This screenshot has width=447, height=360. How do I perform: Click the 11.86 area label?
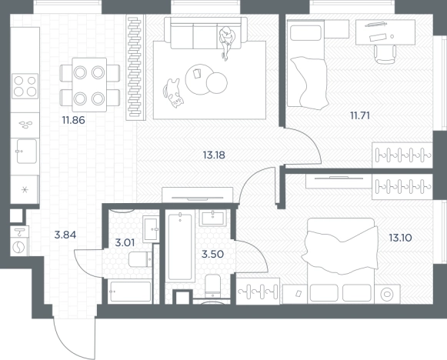(74, 120)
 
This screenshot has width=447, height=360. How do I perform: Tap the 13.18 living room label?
(214, 155)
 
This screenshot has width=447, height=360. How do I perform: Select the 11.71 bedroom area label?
(360, 115)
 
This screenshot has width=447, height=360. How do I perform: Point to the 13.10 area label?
(400, 238)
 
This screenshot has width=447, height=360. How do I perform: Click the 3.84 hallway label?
(65, 235)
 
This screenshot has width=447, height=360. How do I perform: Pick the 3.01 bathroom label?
(125, 243)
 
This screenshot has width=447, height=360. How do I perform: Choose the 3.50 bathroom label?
(212, 254)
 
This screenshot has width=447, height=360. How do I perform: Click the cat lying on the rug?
(173, 93)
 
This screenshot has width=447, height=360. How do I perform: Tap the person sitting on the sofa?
(227, 42)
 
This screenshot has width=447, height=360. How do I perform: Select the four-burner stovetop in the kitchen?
(25, 86)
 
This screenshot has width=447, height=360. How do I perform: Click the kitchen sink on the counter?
(26, 151)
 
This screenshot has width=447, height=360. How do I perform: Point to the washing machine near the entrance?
(19, 241)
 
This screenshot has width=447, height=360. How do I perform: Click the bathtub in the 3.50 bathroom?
(180, 247)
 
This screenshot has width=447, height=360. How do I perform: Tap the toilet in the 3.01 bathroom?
(140, 259)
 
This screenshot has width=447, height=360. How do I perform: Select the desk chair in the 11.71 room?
(385, 54)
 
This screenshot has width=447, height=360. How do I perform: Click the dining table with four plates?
(89, 85)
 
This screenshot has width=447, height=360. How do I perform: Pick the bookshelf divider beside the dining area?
(135, 68)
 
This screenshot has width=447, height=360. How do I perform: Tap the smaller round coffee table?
(217, 83)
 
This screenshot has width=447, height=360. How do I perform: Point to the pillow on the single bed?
(305, 33)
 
